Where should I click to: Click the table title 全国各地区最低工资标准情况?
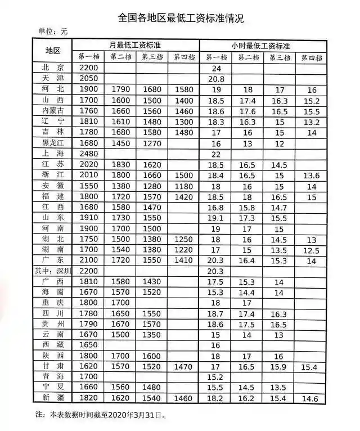(181, 18)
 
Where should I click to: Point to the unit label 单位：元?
(52, 33)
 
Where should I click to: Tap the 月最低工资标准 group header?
(137, 44)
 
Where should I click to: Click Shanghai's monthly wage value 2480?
(89, 154)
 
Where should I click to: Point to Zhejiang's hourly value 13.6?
(311, 176)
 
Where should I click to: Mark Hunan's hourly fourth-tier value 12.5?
(311, 249)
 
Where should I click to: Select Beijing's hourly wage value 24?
(216, 68)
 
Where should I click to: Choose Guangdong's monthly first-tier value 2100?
(89, 260)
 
